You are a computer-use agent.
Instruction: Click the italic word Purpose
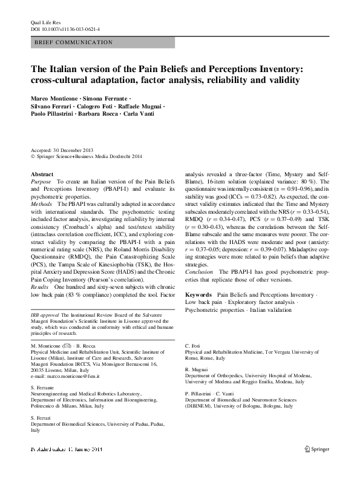click(x=41, y=182)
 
